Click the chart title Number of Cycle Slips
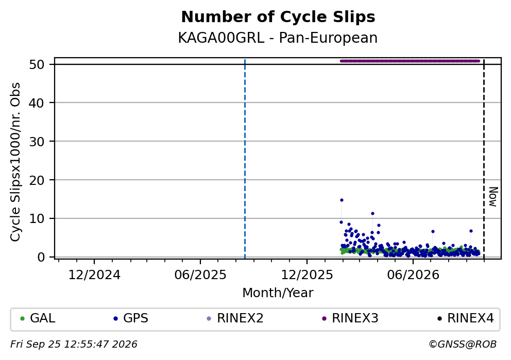click(278, 17)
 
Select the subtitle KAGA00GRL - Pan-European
click(278, 38)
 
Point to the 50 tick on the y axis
click(37, 64)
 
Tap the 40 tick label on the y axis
click(37, 103)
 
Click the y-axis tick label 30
click(37, 142)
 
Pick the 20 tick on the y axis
click(37, 180)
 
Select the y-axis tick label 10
click(37, 218)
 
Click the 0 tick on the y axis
click(41, 257)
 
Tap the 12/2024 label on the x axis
click(94, 275)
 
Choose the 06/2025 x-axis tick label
click(200, 275)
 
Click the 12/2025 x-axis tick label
click(307, 275)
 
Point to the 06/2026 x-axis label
click(413, 275)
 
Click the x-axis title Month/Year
click(278, 293)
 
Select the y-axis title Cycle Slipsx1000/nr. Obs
click(15, 162)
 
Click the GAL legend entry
click(38, 318)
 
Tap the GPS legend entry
click(131, 318)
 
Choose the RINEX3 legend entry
click(350, 318)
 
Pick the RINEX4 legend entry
click(466, 318)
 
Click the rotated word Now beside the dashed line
click(493, 197)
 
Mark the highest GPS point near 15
click(342, 200)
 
